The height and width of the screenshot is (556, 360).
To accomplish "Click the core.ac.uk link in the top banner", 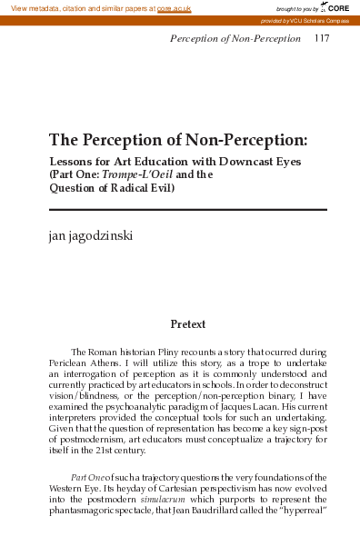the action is pyautogui.click(x=174, y=7).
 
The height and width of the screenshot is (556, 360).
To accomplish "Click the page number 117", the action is pyautogui.click(x=322, y=38).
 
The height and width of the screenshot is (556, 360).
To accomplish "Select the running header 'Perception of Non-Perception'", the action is pyautogui.click(x=235, y=38).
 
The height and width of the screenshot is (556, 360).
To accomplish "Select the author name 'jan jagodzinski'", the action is pyautogui.click(x=92, y=237).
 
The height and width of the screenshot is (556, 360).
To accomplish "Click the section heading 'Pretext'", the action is pyautogui.click(x=188, y=324).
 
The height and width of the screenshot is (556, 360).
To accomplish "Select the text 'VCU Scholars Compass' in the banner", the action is pyautogui.click(x=318, y=19).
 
